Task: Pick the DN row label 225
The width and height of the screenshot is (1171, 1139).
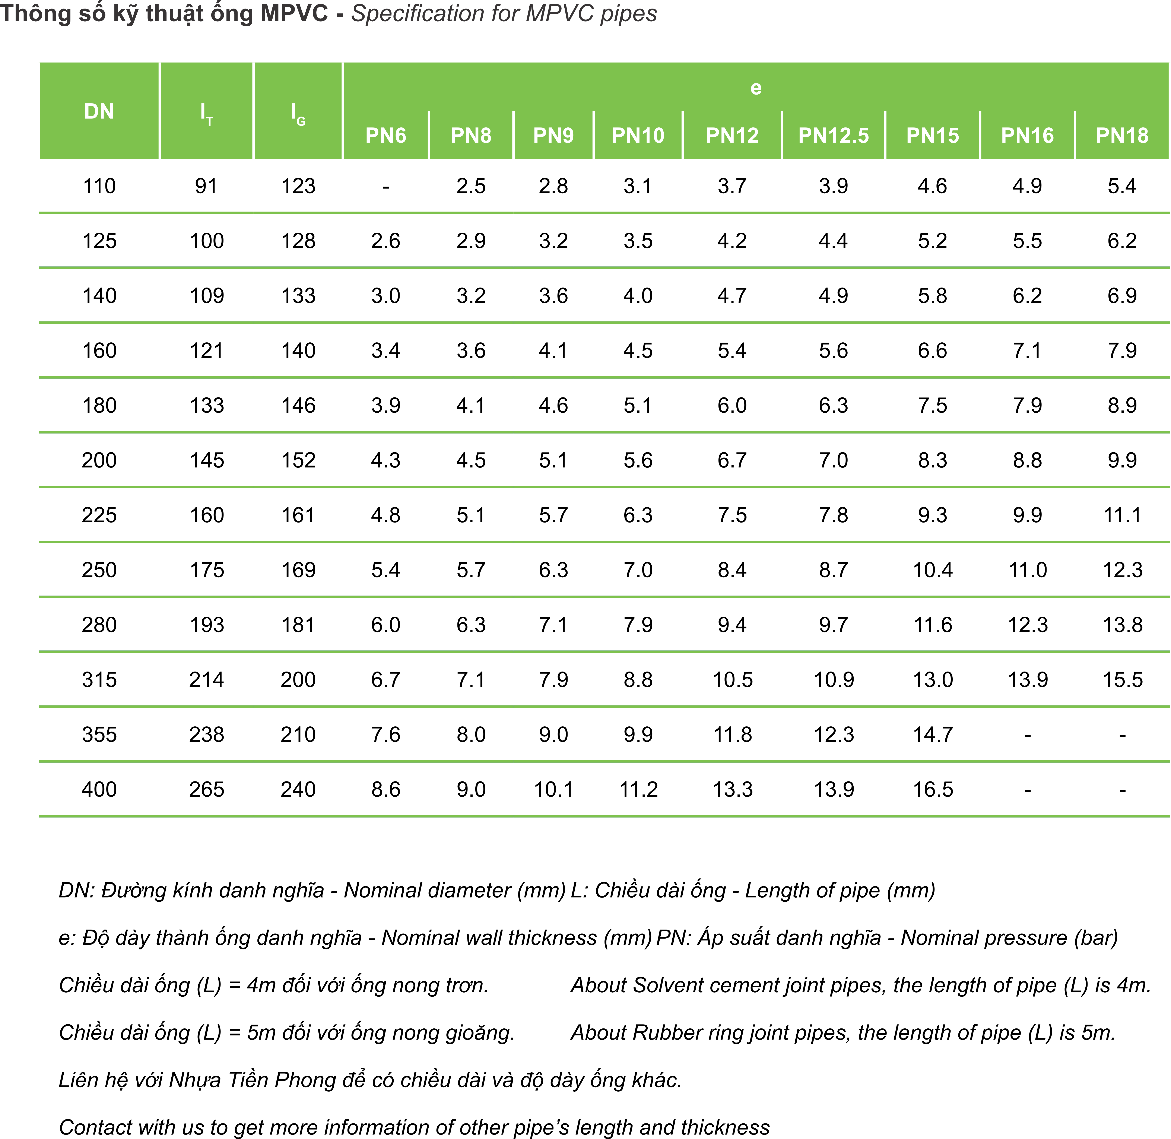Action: click(x=99, y=515)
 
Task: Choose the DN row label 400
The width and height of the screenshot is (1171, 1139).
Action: click(x=99, y=790)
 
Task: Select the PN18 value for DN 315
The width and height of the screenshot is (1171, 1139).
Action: click(x=1123, y=680)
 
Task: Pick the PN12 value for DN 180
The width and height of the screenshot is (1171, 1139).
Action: click(x=732, y=406)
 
